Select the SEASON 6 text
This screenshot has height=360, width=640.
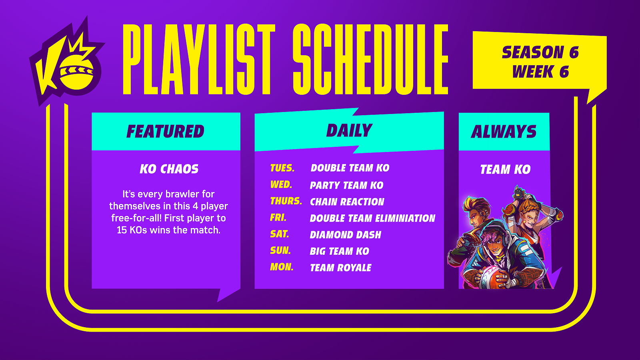click(540, 52)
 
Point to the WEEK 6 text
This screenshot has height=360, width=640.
click(540, 72)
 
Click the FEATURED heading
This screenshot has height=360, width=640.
click(166, 132)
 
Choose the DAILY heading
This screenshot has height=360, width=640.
click(349, 130)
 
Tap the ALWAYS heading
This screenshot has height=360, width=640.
click(504, 132)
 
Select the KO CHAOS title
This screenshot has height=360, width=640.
click(169, 169)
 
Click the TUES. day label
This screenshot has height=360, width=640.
click(282, 168)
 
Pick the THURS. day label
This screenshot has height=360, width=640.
click(286, 201)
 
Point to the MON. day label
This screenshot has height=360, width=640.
click(282, 267)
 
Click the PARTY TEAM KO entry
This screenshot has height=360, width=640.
click(346, 185)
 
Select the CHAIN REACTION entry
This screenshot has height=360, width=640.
click(347, 202)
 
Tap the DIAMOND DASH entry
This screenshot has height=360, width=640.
click(346, 235)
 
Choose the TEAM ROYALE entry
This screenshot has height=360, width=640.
click(340, 268)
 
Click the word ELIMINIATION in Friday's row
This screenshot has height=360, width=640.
click(406, 218)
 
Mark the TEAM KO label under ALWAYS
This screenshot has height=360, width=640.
click(505, 170)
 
